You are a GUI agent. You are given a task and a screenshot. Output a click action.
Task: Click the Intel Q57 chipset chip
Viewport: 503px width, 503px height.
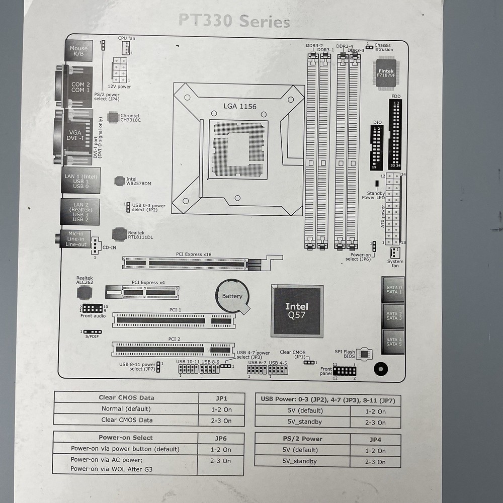tap(297, 311)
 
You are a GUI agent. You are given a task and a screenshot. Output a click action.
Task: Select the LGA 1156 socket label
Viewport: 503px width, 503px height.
tap(240, 106)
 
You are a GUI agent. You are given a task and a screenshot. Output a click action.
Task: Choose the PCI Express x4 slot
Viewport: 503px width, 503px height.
tap(142, 292)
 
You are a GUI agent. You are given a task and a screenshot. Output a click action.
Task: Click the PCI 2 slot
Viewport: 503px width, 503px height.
tap(173, 349)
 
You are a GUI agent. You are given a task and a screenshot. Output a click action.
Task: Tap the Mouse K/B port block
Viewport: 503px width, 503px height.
tap(78, 51)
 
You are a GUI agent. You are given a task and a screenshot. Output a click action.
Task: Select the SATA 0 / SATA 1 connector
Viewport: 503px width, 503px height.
tap(393, 290)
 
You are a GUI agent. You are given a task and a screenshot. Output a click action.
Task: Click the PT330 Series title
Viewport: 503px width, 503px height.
tap(234, 22)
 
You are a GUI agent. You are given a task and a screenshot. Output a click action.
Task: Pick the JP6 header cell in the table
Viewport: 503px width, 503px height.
tap(221, 438)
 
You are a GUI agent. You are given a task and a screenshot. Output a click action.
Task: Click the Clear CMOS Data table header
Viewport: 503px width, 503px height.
tap(126, 398)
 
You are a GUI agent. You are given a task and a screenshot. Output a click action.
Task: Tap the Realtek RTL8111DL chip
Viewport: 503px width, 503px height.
tap(120, 234)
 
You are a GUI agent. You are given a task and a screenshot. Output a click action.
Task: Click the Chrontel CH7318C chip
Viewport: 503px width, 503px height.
tap(113, 117)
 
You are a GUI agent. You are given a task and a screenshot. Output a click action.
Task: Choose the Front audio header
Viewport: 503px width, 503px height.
tap(92, 308)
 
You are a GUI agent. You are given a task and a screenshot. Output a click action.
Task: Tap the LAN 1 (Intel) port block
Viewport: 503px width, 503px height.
tap(80, 180)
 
